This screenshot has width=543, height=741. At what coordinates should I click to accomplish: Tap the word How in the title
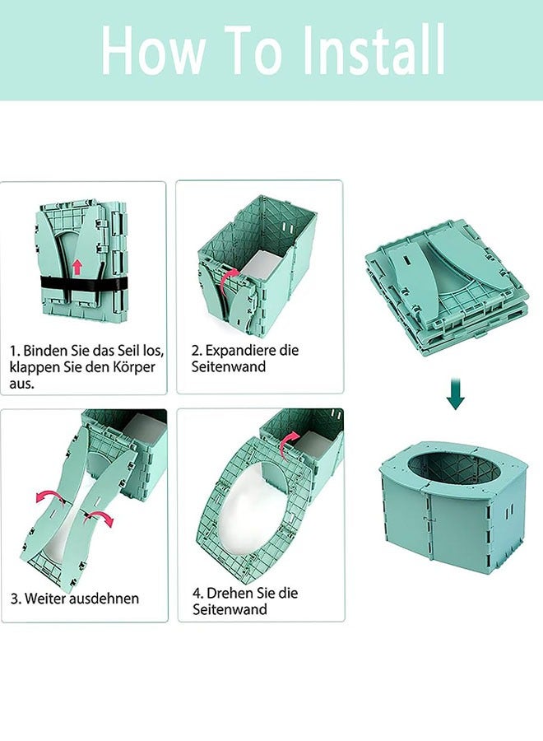(151, 50)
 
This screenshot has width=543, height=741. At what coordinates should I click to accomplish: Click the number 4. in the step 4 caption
(198, 593)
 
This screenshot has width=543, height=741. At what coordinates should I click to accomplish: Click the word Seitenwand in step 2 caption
(230, 366)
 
